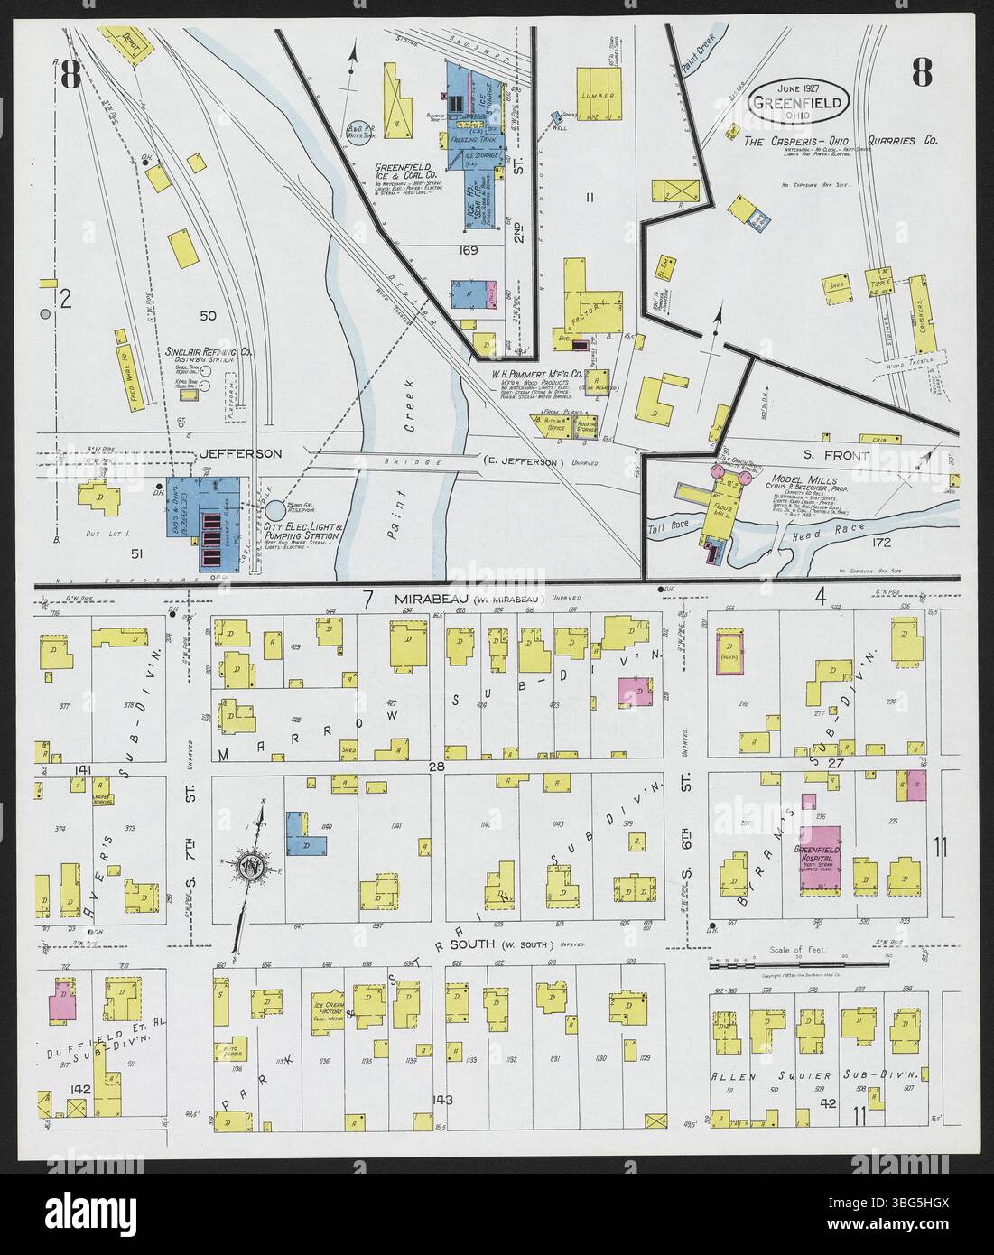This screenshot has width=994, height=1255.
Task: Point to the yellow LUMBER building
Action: click(x=599, y=93)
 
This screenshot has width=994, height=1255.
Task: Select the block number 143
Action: click(x=441, y=1099)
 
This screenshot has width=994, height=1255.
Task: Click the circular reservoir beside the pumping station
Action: click(x=274, y=511)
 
